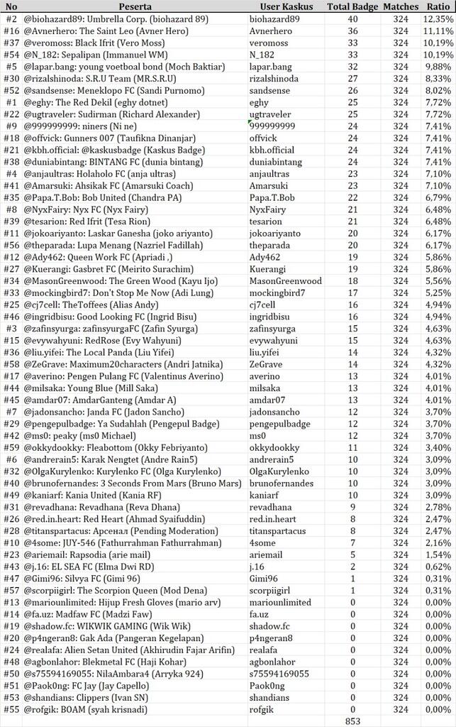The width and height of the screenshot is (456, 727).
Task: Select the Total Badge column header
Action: [352, 6]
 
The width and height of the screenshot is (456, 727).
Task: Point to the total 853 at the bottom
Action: [352, 721]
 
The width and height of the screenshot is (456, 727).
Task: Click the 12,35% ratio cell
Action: [438, 19]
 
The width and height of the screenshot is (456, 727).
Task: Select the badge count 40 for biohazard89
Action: [352, 19]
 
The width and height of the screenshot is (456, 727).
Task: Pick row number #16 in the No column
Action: [11, 31]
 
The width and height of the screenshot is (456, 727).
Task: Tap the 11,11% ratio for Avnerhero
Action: [438, 31]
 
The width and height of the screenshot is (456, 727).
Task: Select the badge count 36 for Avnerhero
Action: [352, 31]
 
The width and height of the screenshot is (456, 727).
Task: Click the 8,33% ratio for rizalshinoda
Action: [438, 79]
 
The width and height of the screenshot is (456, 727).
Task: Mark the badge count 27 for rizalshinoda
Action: [352, 79]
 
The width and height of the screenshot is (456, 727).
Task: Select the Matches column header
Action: [401, 6]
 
